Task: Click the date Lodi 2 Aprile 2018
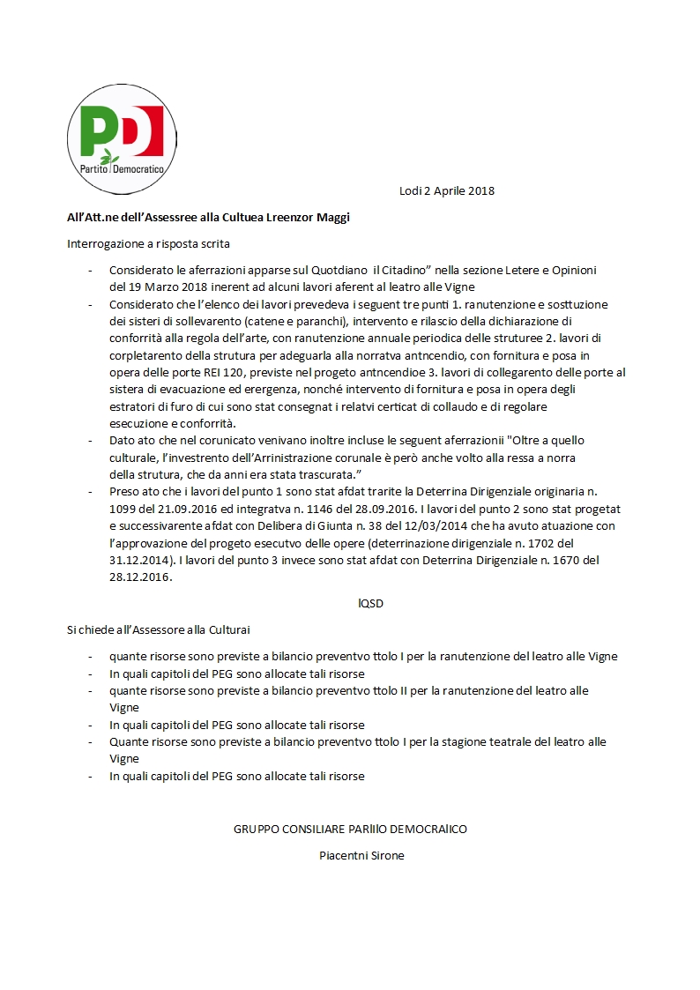[446, 190]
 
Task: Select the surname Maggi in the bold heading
[332, 218]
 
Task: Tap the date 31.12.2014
[139, 559]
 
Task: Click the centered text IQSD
[370, 603]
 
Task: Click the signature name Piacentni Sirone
[361, 855]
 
